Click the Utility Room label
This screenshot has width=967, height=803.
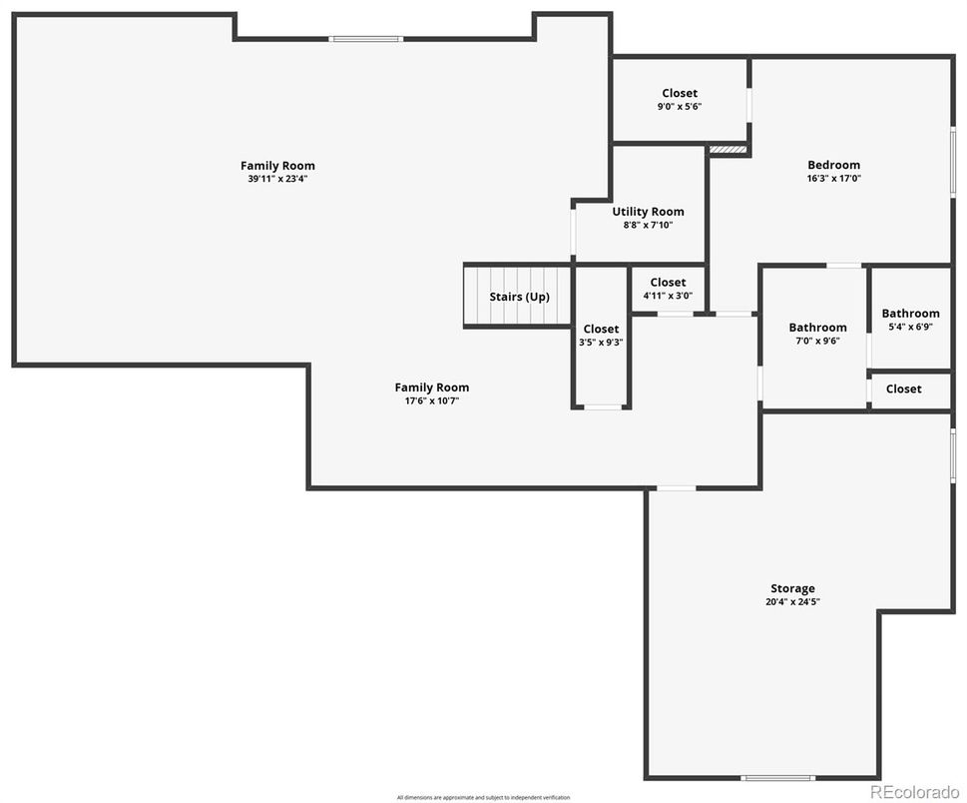click(x=648, y=212)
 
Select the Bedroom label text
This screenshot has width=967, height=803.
click(x=833, y=165)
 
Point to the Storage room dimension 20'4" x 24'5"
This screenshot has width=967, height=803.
click(x=792, y=602)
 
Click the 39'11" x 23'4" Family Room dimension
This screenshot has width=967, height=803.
click(x=277, y=180)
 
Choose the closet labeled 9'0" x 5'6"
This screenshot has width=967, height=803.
click(x=680, y=100)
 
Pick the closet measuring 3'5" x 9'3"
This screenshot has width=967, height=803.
click(x=601, y=336)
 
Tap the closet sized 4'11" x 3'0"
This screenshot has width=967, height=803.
click(x=668, y=290)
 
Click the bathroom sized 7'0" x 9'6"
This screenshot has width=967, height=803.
click(x=817, y=335)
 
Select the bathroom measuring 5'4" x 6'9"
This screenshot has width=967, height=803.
click(x=910, y=320)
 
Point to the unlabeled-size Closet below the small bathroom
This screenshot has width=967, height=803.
click(x=903, y=389)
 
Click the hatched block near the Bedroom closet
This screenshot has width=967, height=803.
click(x=727, y=150)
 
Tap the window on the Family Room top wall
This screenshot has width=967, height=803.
click(x=366, y=39)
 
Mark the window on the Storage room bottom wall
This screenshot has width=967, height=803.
click(x=777, y=777)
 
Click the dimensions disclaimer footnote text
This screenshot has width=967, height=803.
click(x=483, y=797)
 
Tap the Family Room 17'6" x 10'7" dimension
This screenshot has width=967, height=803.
click(x=431, y=401)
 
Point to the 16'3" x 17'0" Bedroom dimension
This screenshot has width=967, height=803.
click(x=833, y=179)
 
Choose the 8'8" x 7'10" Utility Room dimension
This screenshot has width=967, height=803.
click(x=648, y=226)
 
